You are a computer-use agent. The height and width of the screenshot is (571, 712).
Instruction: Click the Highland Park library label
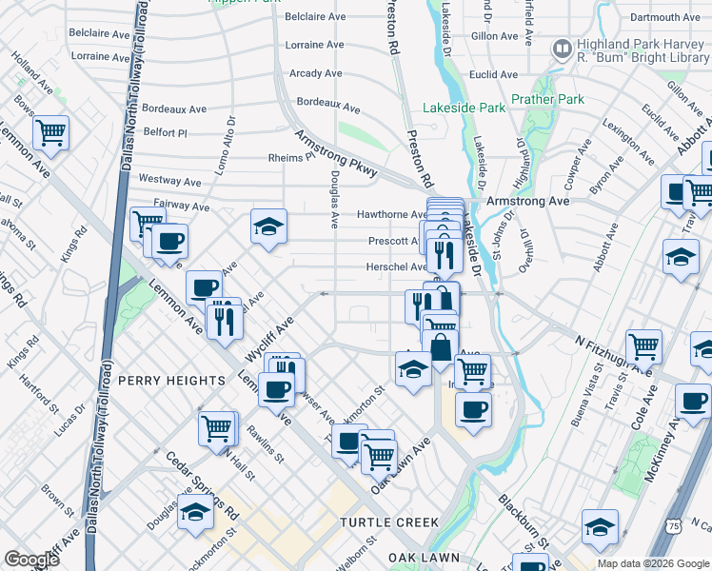tap(642, 50)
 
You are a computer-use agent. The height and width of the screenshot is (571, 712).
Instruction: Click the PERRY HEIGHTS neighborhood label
tap(171, 381)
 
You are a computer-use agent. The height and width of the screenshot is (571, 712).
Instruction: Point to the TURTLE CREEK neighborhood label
tap(390, 522)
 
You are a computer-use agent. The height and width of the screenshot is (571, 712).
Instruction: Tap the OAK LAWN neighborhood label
tap(424, 557)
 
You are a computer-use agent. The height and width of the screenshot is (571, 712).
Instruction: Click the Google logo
tap(32, 560)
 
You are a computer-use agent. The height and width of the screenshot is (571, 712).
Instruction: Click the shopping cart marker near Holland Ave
tap(51, 133)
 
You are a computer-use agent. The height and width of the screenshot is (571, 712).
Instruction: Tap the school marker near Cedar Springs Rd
tap(195, 512)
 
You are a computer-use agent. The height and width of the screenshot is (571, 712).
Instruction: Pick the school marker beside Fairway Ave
tap(269, 227)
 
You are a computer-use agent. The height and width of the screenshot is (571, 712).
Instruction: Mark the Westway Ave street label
tap(169, 180)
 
